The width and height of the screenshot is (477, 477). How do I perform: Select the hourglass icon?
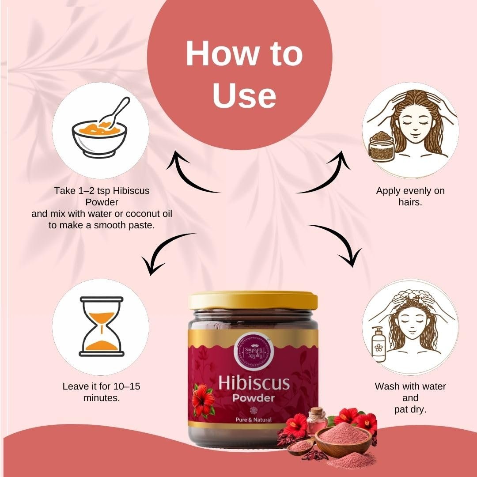point(101,326)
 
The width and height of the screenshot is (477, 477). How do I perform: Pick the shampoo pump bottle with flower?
point(378,344)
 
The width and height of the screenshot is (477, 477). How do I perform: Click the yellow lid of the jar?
point(253,300)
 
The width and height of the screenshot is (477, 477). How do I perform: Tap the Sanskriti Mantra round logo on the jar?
point(254,351)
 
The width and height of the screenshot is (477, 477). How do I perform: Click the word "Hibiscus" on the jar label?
point(254,383)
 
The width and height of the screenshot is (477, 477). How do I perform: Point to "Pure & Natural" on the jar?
point(254,420)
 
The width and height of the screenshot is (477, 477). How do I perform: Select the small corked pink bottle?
point(316,420)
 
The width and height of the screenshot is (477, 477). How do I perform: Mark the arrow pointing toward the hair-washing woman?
point(341,240)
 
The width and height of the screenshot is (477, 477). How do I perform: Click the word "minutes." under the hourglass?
point(102,398)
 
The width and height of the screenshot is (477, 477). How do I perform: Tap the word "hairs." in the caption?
point(410,202)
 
